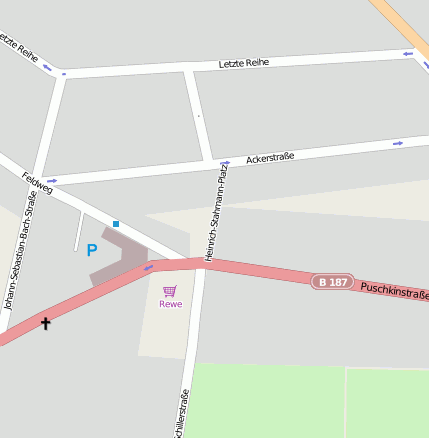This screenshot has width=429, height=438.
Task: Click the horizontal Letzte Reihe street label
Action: (x=244, y=64)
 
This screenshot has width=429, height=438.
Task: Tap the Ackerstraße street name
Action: (x=270, y=158)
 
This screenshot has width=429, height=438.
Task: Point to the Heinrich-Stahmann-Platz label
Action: (x=212, y=215)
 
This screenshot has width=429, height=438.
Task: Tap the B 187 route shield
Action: (x=332, y=282)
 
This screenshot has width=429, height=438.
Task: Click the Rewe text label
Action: (x=170, y=304)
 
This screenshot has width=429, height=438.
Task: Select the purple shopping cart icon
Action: (x=169, y=291)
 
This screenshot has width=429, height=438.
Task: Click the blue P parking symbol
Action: (x=92, y=250)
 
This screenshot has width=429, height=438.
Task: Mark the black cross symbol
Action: (x=45, y=323)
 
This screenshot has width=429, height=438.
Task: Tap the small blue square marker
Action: (x=116, y=223)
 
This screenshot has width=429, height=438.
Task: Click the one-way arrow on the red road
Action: (x=149, y=267)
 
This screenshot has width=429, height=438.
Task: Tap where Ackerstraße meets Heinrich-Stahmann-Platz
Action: (x=213, y=163)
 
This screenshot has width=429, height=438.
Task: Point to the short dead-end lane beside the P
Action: (x=78, y=233)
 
